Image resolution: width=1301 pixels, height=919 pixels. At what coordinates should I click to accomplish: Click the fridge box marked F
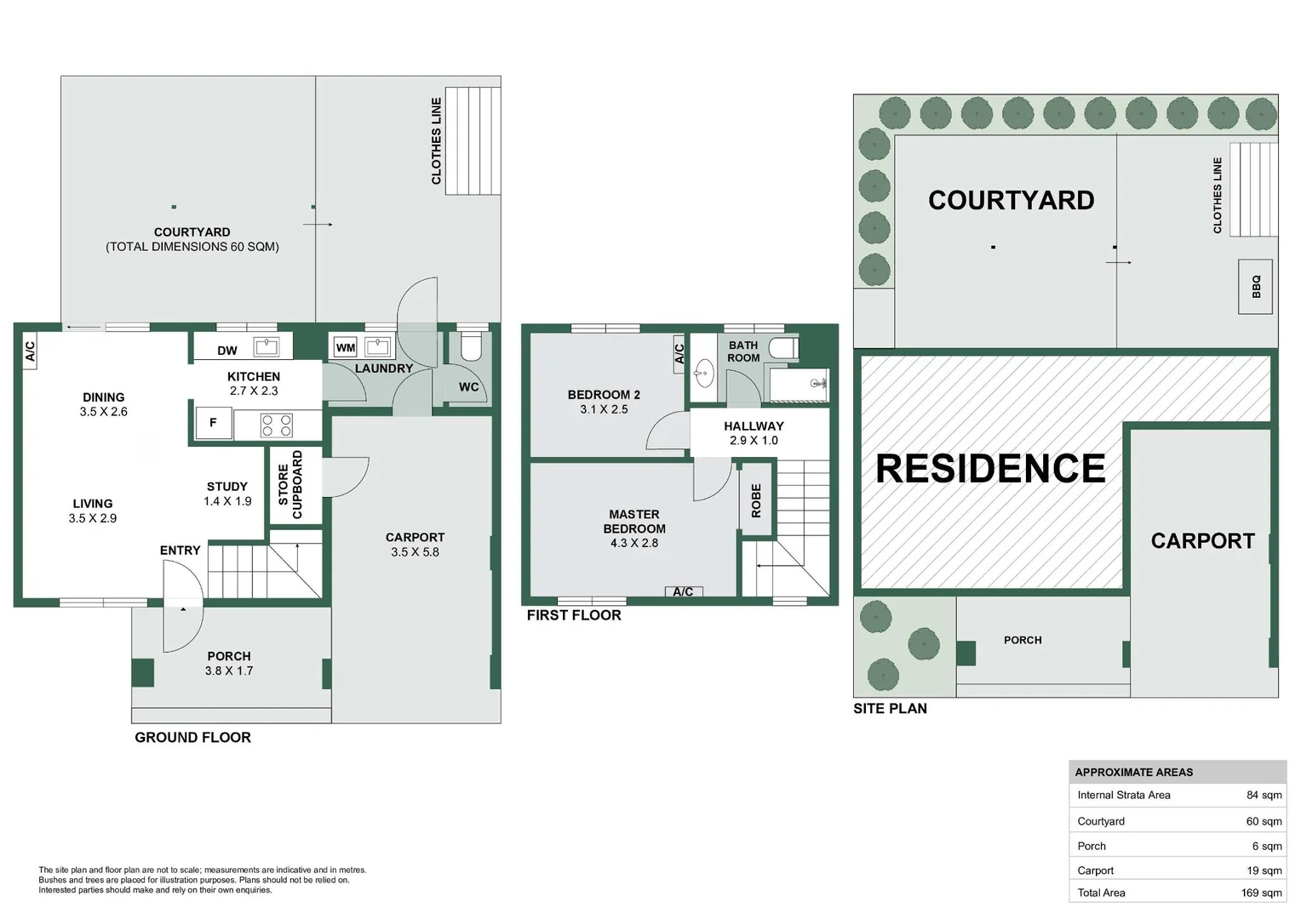point(213,423)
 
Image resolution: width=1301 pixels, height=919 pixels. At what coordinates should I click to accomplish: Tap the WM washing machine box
point(346,348)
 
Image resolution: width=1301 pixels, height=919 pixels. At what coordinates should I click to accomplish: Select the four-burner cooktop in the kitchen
point(277,425)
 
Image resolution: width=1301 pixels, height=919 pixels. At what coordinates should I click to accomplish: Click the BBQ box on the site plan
point(1255,287)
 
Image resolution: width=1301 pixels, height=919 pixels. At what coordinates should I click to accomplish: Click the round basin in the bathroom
point(704,373)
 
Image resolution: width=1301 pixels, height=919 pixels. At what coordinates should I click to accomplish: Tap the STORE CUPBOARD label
point(290,485)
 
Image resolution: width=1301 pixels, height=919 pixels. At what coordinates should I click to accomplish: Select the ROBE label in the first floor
point(755,500)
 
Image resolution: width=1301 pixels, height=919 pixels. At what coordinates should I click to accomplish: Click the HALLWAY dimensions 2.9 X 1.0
point(754,441)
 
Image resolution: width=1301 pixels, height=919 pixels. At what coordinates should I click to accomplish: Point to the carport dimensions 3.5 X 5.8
point(415,552)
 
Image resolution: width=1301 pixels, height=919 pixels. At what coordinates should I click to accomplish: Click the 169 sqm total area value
point(1262,893)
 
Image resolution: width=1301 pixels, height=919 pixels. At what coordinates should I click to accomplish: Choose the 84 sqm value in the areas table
point(1264,796)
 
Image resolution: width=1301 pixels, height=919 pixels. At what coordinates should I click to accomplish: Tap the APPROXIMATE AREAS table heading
point(1134,772)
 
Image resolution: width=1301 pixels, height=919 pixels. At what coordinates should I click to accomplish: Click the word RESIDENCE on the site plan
point(990,469)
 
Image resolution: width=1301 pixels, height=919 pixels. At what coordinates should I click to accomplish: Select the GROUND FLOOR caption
point(192,737)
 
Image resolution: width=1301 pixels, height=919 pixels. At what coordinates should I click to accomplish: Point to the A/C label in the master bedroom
point(683,591)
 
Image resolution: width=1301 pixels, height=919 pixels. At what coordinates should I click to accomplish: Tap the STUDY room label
point(227,487)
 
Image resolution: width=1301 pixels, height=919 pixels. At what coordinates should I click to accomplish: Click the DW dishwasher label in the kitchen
point(227,351)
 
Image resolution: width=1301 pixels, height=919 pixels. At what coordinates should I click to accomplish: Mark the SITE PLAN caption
point(890,708)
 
